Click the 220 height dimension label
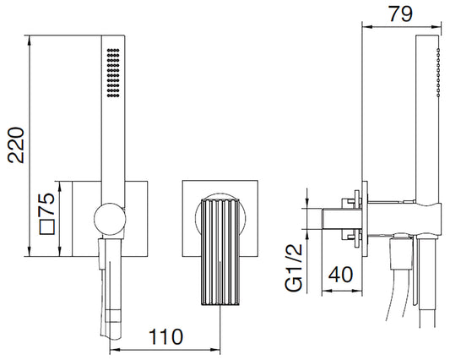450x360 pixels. pos(16,145)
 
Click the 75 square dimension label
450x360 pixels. pos(47,204)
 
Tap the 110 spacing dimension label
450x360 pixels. pos(165,336)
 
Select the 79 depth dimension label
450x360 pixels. pos(401,14)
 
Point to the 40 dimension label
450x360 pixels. pos(340,275)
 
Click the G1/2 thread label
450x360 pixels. pos(294,268)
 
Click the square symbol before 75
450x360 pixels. pos(47,227)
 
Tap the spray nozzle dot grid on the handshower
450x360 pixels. pos(113,73)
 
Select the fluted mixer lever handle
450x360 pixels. pos(220,252)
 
